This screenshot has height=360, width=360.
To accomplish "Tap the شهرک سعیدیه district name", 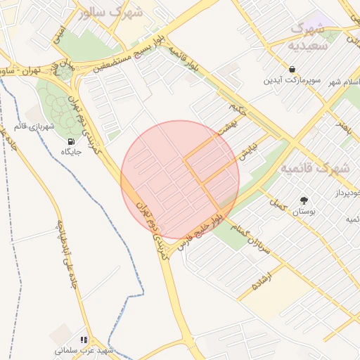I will [307, 37].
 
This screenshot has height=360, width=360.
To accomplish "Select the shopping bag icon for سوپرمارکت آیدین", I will [292, 69].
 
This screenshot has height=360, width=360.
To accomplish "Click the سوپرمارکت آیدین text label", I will [292, 80].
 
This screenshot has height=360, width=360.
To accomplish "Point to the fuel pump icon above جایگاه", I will [70, 141].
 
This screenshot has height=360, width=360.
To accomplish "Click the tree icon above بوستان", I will [304, 200].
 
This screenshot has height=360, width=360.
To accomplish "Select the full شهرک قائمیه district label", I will [315, 169].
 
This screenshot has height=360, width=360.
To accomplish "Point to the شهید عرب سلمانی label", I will [84, 349].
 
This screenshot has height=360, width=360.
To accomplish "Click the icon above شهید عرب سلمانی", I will [84, 339].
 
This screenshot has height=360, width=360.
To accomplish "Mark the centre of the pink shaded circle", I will [180, 179].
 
